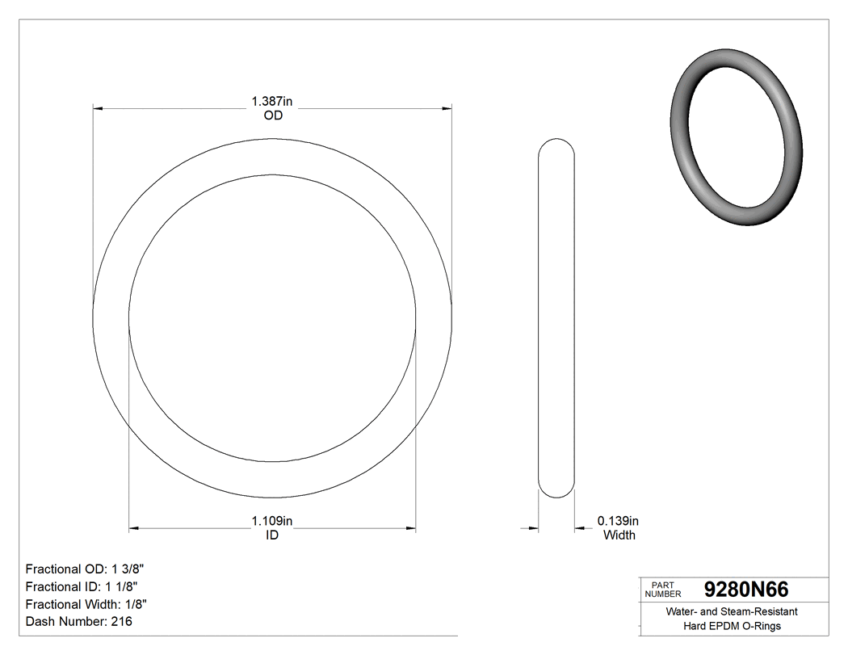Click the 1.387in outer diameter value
click(272, 102)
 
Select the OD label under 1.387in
click(273, 115)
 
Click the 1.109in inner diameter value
click(272, 521)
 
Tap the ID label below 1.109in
click(272, 535)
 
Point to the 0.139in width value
click(618, 521)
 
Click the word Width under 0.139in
click(619, 535)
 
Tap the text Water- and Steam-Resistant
click(732, 612)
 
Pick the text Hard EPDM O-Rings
click(732, 626)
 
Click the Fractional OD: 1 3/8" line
click(86, 569)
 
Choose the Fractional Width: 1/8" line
click(86, 604)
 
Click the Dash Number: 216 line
click(79, 621)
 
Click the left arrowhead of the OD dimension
click(99, 107)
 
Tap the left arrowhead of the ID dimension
click(135, 529)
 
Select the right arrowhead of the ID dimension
click(410, 529)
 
